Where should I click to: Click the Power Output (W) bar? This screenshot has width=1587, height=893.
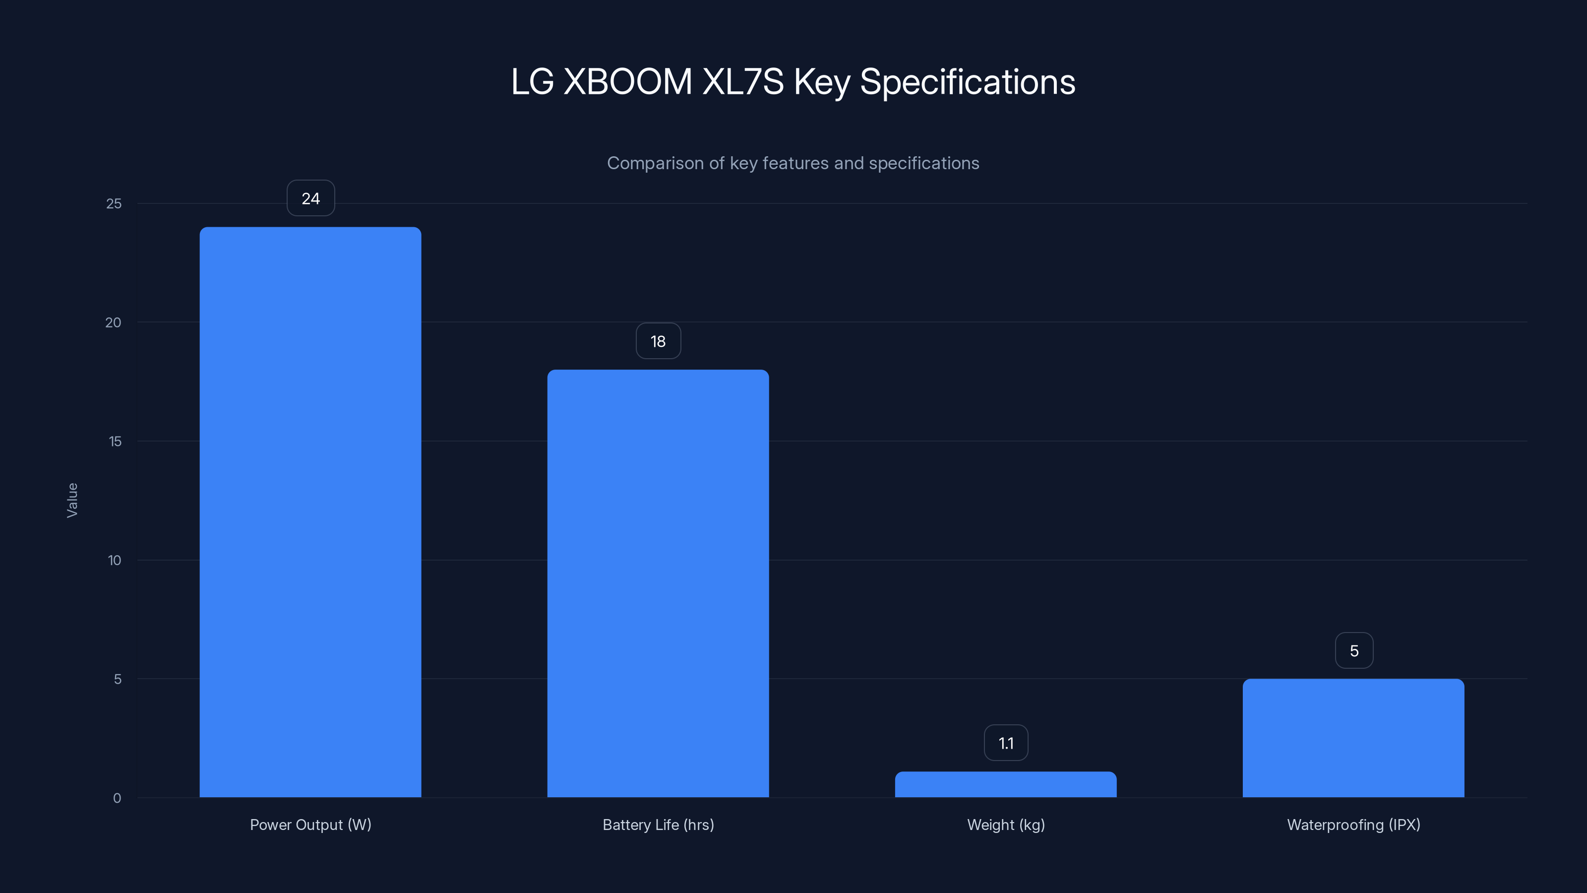(310, 511)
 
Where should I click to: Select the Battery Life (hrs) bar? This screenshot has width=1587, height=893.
(658, 583)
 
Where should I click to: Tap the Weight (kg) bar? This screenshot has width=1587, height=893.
(1005, 784)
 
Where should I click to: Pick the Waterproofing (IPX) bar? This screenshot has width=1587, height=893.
(1353, 738)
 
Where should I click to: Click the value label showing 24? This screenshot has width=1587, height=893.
(310, 198)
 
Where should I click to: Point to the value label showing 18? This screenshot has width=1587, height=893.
(658, 341)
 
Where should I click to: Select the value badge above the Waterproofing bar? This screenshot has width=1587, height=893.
(1353, 651)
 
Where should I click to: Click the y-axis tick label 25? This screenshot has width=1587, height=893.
(114, 204)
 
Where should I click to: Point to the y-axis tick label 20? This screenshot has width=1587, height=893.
(114, 323)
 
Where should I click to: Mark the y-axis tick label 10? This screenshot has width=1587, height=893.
(115, 561)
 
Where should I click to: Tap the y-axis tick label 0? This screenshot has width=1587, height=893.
(117, 799)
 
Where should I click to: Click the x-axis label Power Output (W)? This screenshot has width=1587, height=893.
(310, 825)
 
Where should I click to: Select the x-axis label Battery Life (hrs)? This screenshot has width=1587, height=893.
(658, 825)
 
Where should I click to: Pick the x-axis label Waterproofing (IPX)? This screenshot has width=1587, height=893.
(1353, 825)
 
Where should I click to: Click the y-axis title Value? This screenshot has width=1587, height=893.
(72, 501)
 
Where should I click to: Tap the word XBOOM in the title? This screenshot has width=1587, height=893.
(627, 82)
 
